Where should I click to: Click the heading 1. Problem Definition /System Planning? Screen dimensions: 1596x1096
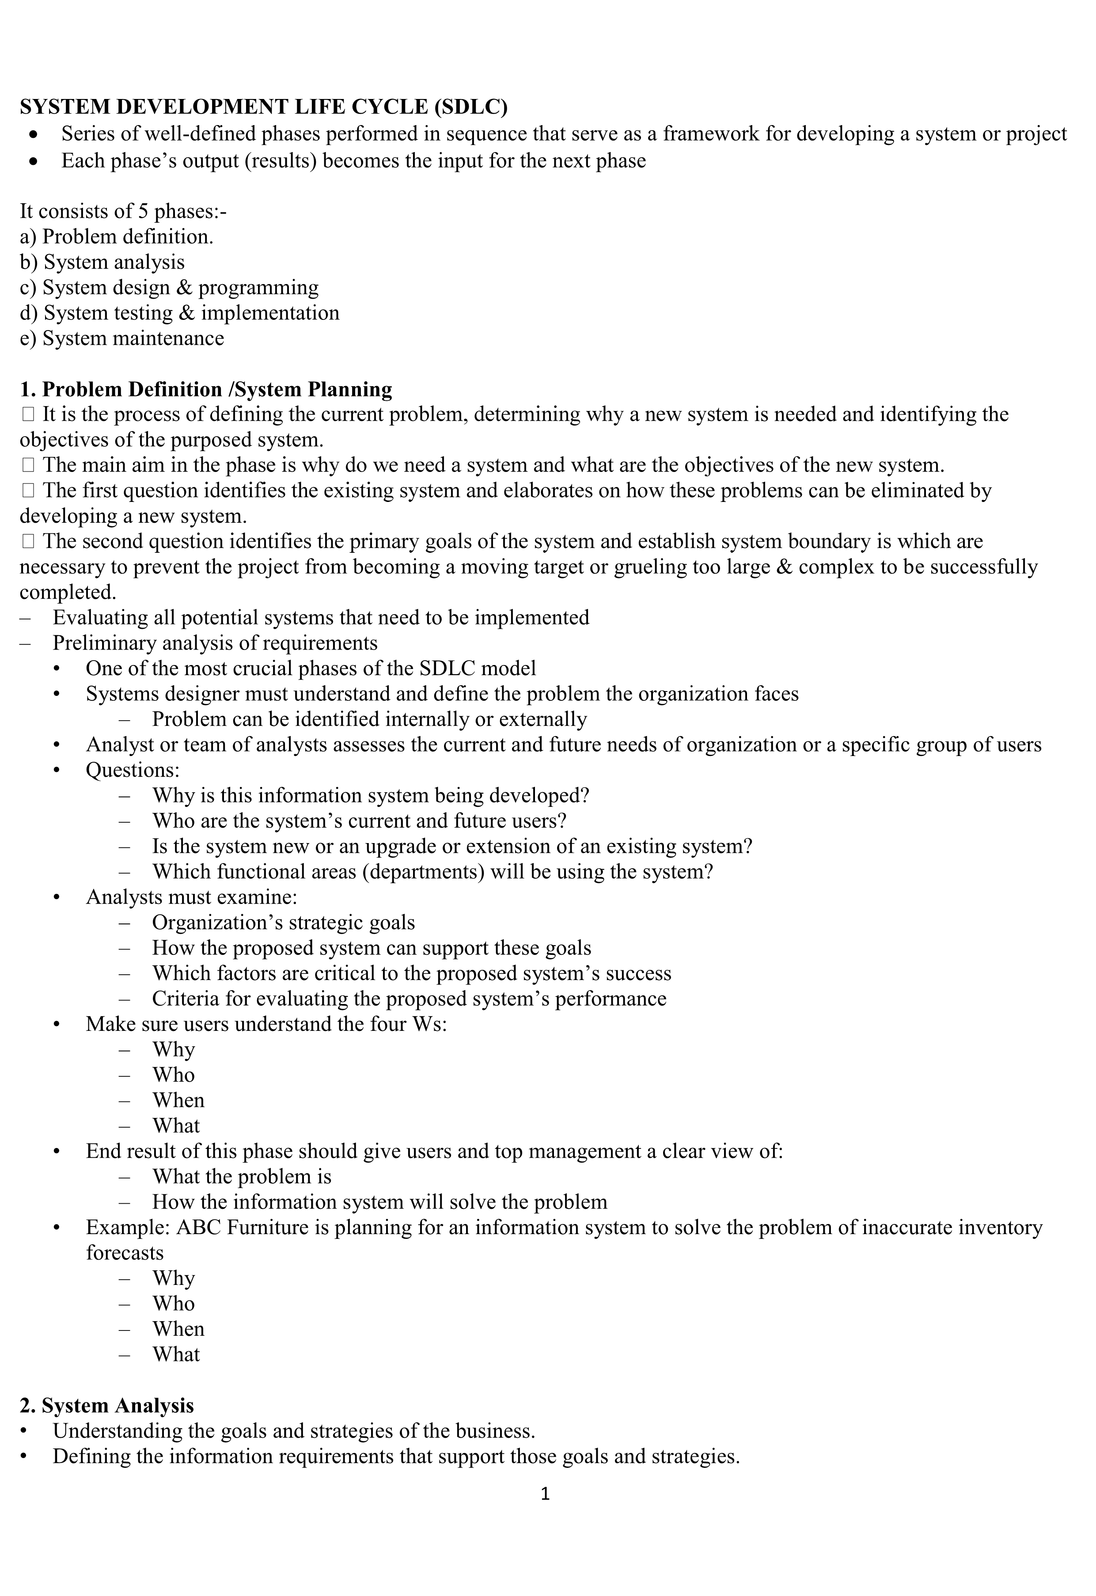pos(206,389)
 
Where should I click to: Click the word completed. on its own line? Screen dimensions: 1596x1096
pos(67,593)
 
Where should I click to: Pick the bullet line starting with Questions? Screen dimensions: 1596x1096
pos(133,770)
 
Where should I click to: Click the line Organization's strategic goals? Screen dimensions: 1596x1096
pos(283,922)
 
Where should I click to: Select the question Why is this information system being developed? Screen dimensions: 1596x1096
pos(371,795)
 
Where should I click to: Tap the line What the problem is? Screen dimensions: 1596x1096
pos(242,1176)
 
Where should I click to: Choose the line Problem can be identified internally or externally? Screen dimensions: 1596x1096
pos(369,719)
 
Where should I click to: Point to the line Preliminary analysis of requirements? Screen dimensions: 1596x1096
pos(215,643)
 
